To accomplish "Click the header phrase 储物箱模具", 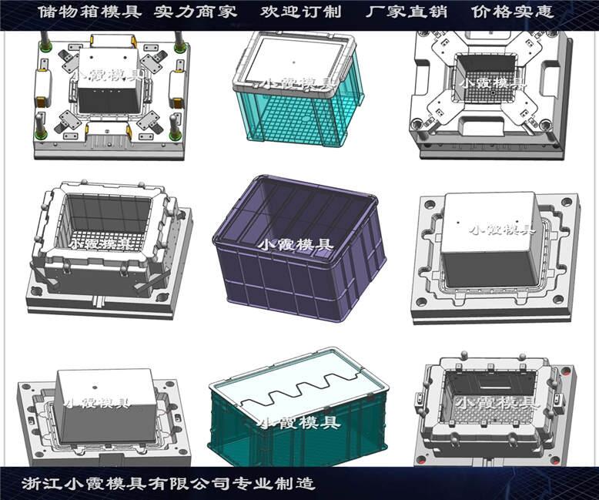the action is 90,12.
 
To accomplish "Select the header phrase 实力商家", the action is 196,12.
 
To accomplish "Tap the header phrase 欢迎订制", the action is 300,12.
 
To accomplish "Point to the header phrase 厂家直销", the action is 407,12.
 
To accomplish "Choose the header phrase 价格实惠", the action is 512,12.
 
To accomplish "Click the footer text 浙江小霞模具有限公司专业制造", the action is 169,484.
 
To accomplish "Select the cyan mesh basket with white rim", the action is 298,90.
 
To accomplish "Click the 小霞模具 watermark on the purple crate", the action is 296,244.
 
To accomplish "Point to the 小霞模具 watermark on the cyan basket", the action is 295,84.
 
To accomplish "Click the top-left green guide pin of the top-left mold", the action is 47,47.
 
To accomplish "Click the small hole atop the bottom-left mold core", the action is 95,387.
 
